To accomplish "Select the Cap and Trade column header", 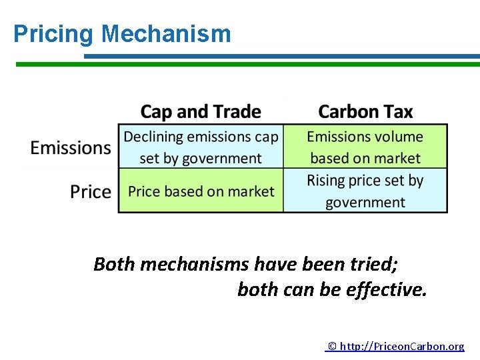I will [201, 111].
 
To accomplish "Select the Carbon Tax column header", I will [365, 111].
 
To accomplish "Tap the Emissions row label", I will [71, 147].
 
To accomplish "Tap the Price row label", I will [91, 192].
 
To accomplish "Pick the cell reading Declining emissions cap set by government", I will [201, 147].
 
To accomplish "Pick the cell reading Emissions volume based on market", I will [365, 147].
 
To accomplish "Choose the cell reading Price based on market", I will [201, 191].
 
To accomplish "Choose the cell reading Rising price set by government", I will [365, 191].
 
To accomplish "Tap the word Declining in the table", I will [153, 137].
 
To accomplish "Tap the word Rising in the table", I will [327, 181].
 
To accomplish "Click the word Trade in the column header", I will [238, 111].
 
